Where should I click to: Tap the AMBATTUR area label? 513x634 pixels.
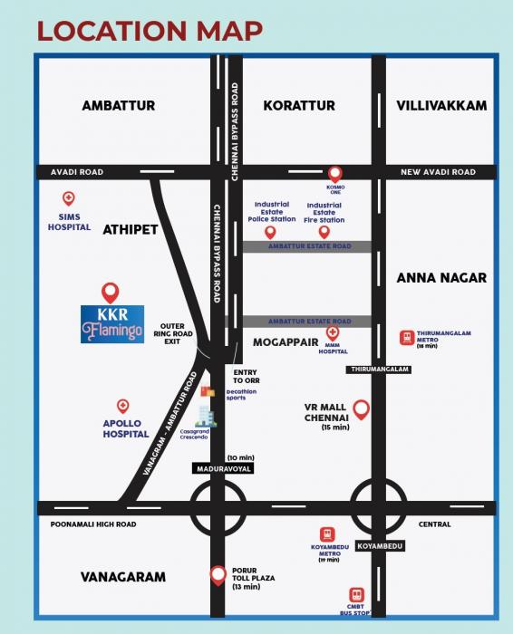[x=119, y=105]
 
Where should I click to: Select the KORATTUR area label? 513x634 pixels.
[x=298, y=105]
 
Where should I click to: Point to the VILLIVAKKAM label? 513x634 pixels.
[x=441, y=105]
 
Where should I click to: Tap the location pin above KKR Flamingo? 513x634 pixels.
[x=110, y=293]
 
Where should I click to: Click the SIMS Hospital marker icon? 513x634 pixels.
[x=68, y=198]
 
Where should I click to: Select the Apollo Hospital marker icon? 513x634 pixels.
[x=123, y=407]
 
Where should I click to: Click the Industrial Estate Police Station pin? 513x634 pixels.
[x=269, y=232]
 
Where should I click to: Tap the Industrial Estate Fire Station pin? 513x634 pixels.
[x=324, y=232]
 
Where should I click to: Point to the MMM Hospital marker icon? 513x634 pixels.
[x=333, y=333]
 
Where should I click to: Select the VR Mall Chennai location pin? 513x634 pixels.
[x=361, y=409]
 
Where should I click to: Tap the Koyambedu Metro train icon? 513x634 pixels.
[x=327, y=535]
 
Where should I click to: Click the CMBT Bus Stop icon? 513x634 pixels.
[x=356, y=595]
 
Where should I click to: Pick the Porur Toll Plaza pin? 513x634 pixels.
[x=218, y=573]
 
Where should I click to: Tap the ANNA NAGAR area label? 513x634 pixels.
[x=441, y=278]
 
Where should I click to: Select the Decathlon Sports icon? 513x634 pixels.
[x=208, y=392]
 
